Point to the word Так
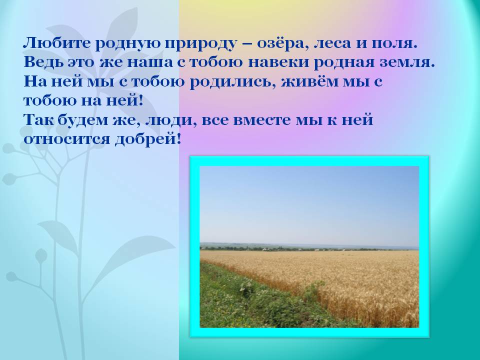38,119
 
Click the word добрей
145,139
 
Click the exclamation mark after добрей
179,138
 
